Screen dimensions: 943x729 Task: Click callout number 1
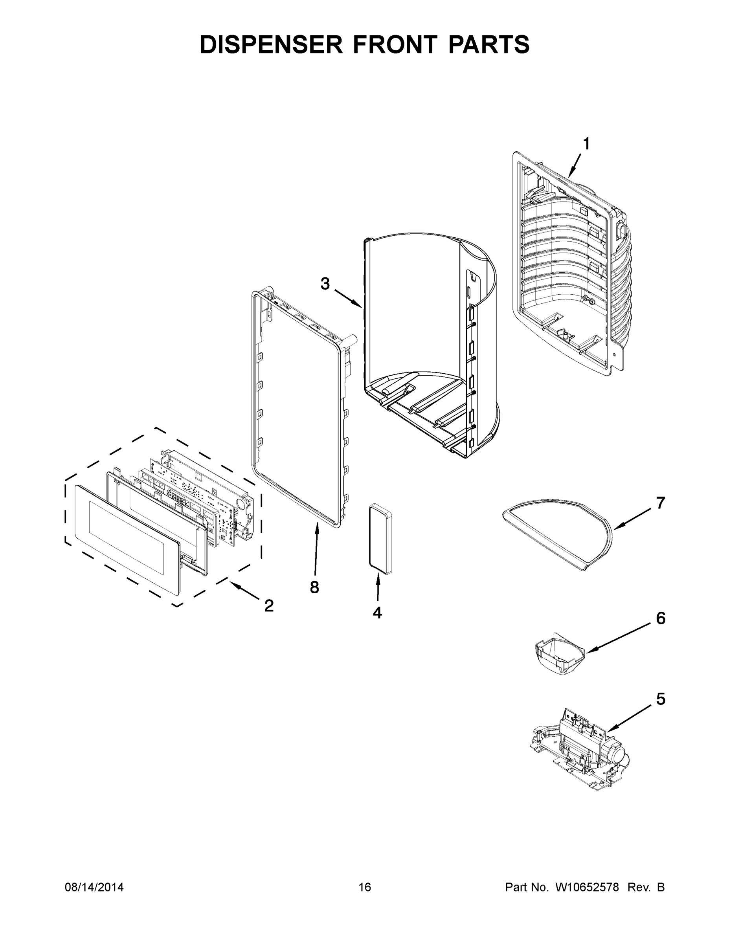586,144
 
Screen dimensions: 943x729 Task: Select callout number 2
269,606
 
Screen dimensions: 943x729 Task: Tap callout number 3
325,284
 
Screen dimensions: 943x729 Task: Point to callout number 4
377,612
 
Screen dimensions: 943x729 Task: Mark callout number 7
660,503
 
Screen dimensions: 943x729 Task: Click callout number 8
314,587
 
